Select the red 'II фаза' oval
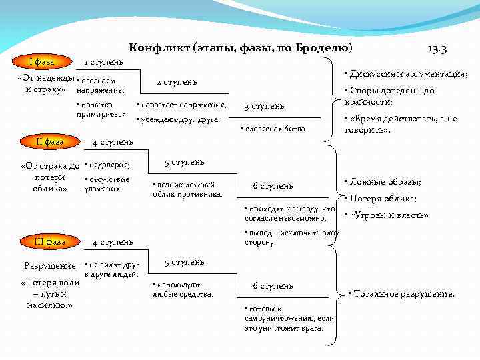click(51, 142)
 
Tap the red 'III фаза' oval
click(51, 241)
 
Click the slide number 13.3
click(437, 49)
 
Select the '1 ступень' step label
click(103, 62)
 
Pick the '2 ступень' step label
click(176, 82)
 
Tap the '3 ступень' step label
click(264, 106)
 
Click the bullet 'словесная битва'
click(274, 127)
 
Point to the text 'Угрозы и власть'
click(388, 215)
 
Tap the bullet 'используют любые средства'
click(183, 289)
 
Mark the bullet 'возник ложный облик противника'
click(187, 189)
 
